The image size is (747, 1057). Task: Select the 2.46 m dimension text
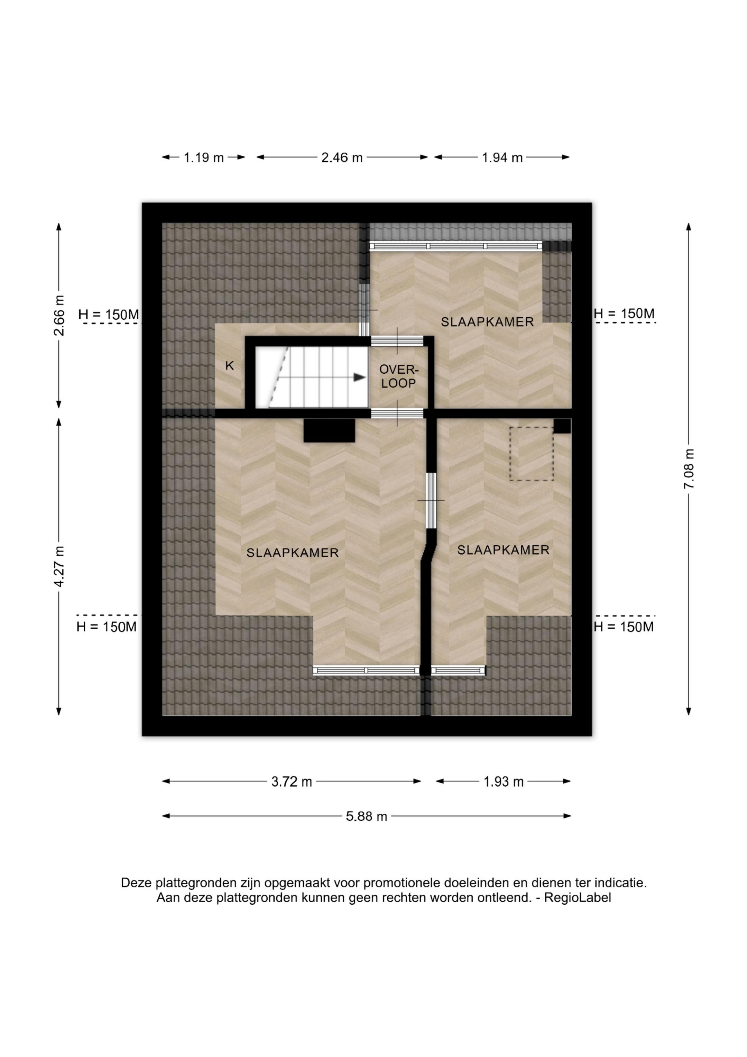click(x=342, y=158)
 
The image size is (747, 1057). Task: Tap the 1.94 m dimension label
click(x=502, y=158)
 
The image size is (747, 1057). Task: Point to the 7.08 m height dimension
click(x=689, y=469)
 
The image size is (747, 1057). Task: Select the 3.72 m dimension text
click(x=292, y=782)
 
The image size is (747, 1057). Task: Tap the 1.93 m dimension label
click(x=504, y=782)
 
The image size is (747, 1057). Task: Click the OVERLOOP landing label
click(x=399, y=376)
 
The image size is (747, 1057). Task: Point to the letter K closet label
click(x=230, y=366)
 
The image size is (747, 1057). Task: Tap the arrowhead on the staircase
click(x=359, y=377)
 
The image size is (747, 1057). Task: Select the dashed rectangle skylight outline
click(x=532, y=454)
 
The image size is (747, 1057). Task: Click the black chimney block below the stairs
click(x=329, y=430)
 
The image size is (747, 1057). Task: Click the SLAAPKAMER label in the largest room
click(x=293, y=553)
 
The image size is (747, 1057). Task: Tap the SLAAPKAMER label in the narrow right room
click(x=503, y=550)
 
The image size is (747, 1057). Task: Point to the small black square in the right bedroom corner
click(x=562, y=426)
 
